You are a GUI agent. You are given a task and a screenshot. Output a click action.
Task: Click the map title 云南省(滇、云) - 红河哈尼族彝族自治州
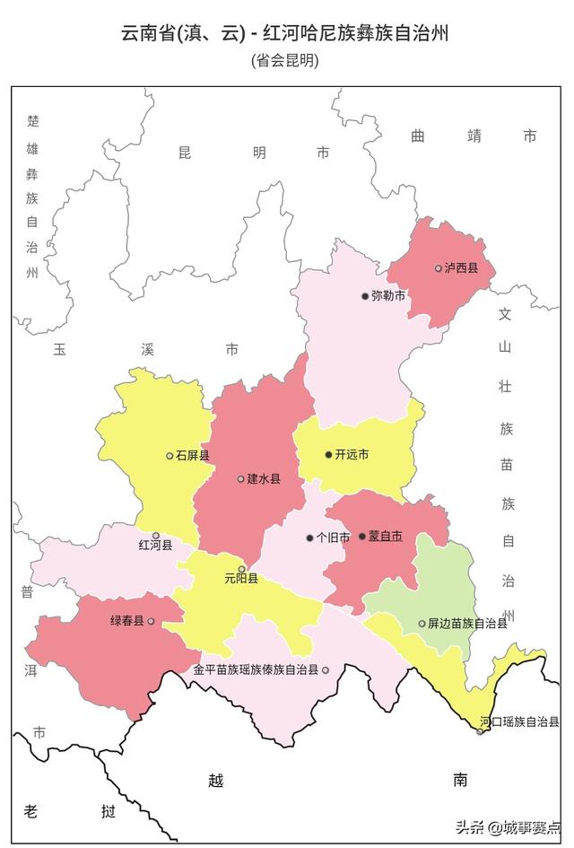click(285, 35)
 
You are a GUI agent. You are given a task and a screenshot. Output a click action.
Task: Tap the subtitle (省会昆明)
click(285, 61)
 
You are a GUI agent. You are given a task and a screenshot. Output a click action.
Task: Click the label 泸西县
click(461, 268)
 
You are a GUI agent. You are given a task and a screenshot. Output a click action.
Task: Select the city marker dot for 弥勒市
click(365, 296)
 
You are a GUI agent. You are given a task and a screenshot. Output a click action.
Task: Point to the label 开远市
click(352, 455)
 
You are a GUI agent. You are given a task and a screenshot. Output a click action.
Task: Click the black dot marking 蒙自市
click(362, 537)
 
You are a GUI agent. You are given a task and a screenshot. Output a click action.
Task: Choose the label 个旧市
click(333, 538)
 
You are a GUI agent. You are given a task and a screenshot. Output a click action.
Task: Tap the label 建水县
click(264, 479)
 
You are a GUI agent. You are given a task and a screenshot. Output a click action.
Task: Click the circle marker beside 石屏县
click(170, 456)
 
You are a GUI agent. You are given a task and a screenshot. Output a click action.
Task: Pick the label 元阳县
click(241, 580)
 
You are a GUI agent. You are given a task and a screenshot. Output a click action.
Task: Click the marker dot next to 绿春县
click(151, 621)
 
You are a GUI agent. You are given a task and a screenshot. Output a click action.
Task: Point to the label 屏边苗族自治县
click(467, 624)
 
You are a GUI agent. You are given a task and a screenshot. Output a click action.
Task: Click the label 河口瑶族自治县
click(519, 721)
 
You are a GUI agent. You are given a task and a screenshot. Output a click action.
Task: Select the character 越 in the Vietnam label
click(215, 781)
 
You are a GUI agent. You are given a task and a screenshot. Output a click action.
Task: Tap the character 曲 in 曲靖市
click(418, 136)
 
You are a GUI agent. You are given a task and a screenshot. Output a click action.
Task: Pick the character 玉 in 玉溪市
click(60, 348)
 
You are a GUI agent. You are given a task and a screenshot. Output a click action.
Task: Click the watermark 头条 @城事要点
click(508, 827)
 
